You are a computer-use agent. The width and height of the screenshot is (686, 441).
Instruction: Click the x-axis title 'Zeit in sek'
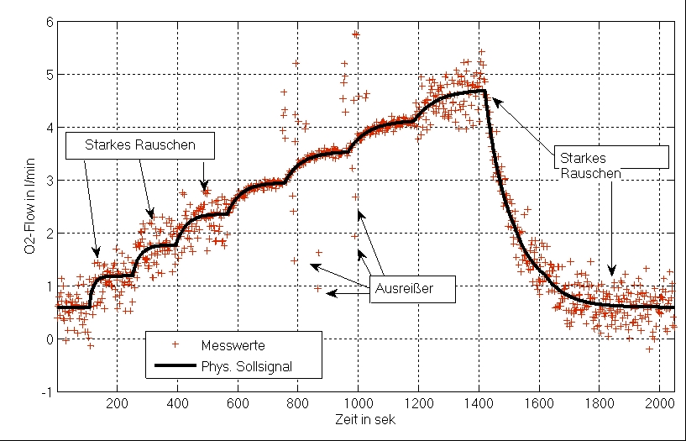coord(365,420)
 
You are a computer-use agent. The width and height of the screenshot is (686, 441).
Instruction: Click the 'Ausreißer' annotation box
coord(412,289)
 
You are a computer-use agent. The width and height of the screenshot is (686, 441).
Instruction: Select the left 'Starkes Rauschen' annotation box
coord(140,145)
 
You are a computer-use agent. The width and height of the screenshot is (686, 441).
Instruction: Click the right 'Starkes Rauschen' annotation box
coord(611,158)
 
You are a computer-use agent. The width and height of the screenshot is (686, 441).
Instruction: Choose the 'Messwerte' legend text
coord(233,345)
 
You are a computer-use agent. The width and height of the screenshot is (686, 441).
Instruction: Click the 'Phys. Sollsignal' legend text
coord(247,365)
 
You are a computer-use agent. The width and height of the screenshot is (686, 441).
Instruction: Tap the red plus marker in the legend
coord(175,344)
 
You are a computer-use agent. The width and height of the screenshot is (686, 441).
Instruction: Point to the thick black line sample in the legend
coord(175,365)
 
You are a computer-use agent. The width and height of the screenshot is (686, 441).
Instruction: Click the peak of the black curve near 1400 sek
coord(484,90)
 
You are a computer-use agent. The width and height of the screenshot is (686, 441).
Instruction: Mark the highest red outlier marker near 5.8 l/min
coord(355,34)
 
